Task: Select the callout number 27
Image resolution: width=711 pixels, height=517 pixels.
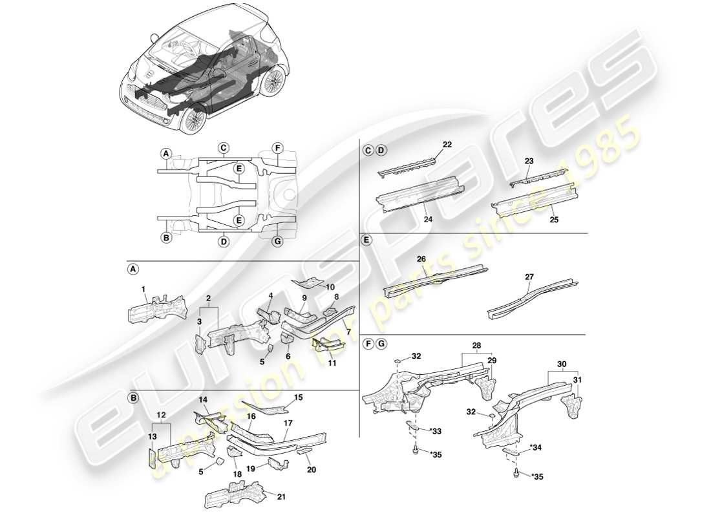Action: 529,277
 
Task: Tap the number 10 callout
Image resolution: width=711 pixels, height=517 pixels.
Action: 330,286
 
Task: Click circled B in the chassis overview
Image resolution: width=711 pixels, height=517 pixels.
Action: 166,237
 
